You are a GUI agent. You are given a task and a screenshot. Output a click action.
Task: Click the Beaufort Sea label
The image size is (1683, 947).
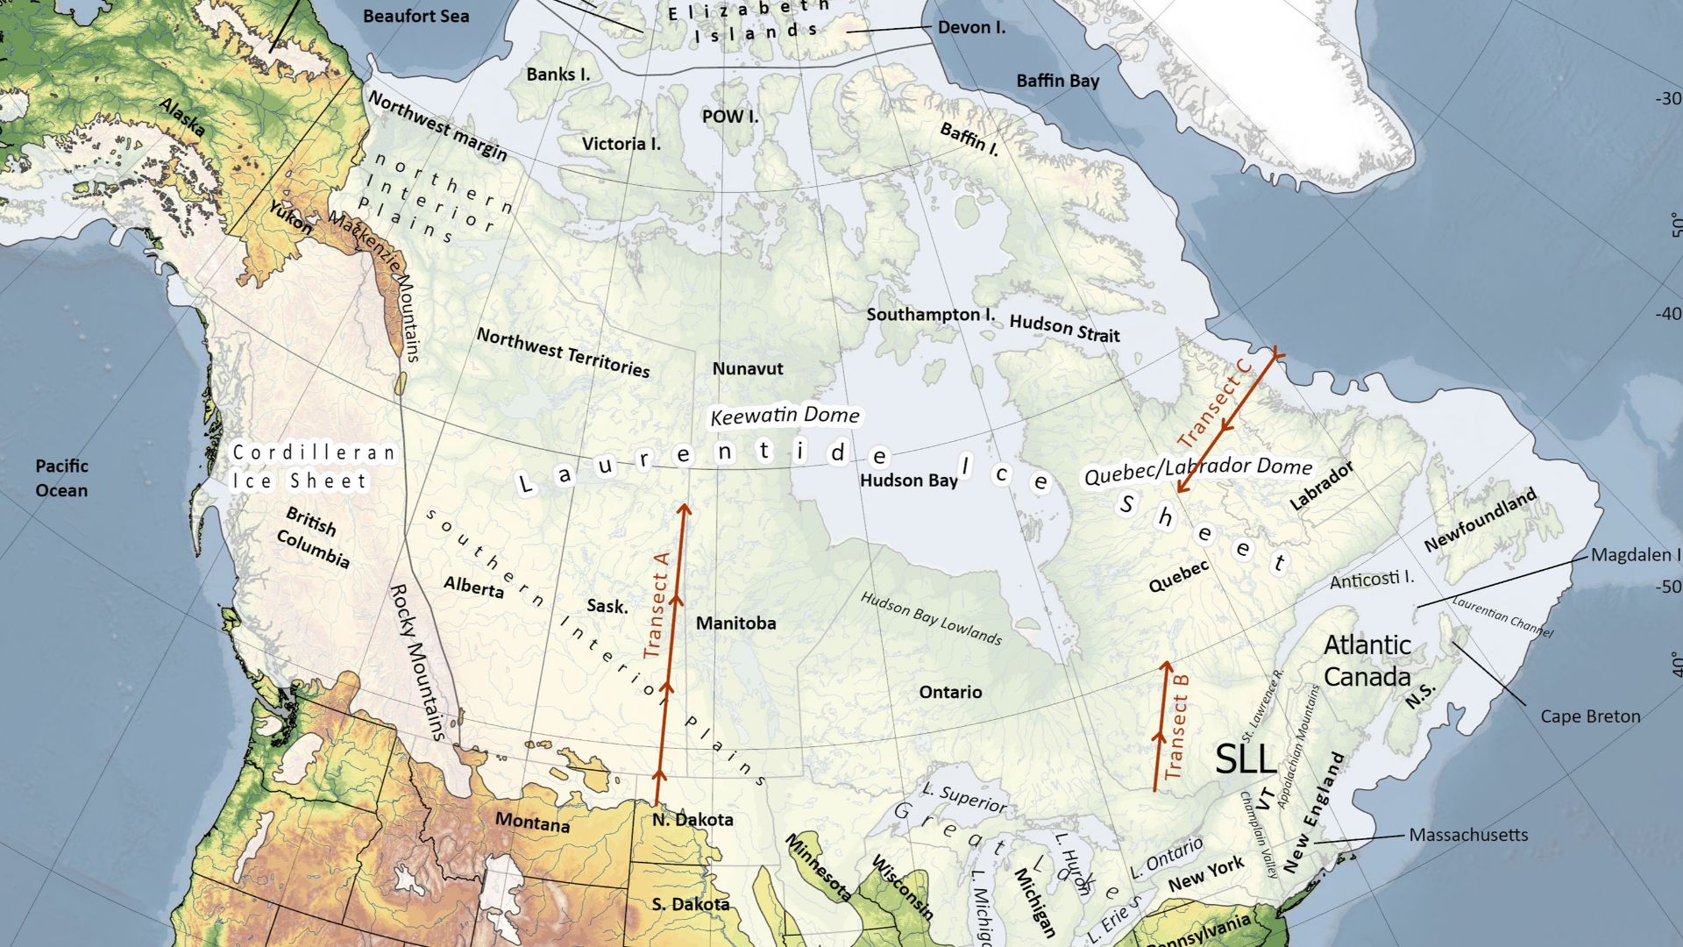pyautogui.click(x=415, y=17)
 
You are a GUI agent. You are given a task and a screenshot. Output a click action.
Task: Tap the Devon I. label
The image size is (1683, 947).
pyautogui.click(x=971, y=27)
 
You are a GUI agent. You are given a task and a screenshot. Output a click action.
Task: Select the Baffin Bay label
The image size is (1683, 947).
pyautogui.click(x=1057, y=81)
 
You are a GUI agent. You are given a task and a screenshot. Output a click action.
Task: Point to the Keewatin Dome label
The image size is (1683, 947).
pyautogui.click(x=785, y=416)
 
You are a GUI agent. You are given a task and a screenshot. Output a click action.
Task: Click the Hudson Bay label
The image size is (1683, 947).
pyautogui.click(x=908, y=481)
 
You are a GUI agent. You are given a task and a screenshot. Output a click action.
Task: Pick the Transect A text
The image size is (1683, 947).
pyautogui.click(x=657, y=605)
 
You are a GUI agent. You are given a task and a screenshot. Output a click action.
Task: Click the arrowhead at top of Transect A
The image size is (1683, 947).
pyautogui.click(x=685, y=508)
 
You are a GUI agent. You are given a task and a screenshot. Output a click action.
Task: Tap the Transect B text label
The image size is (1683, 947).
pyautogui.click(x=1177, y=737)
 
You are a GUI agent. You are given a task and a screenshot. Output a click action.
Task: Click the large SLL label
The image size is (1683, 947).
pyautogui.click(x=1246, y=759)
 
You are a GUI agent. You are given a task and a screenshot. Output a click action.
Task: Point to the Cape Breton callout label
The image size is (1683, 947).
pyautogui.click(x=1590, y=716)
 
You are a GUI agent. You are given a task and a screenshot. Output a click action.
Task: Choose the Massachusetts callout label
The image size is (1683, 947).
pyautogui.click(x=1468, y=835)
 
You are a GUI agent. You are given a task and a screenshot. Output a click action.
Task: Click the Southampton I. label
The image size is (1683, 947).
pyautogui.click(x=930, y=314)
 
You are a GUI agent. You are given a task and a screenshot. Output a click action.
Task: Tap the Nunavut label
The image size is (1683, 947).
pyautogui.click(x=748, y=369)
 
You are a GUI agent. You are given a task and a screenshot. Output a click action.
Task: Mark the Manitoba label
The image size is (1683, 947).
pyautogui.click(x=735, y=623)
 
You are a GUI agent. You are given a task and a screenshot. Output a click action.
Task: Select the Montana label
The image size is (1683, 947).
pyautogui.click(x=532, y=822)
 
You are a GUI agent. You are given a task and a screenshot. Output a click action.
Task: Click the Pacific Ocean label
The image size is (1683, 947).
pyautogui.click(x=61, y=478)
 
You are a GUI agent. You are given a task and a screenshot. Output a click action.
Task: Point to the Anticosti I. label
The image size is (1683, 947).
pyautogui.click(x=1371, y=580)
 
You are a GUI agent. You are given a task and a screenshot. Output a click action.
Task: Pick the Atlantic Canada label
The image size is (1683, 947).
pyautogui.click(x=1367, y=660)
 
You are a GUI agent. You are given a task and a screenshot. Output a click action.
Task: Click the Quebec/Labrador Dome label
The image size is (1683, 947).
pyautogui.click(x=1198, y=471)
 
